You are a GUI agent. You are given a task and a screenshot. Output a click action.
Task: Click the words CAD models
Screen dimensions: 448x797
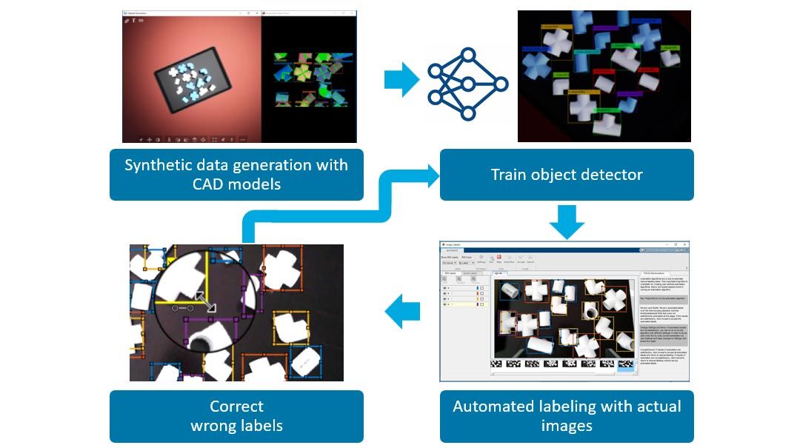236,184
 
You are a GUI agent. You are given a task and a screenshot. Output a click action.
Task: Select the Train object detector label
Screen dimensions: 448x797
567,175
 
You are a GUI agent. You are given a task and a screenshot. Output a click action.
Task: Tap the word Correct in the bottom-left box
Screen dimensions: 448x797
236,407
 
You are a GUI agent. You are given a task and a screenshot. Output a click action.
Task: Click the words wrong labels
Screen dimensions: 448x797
236,426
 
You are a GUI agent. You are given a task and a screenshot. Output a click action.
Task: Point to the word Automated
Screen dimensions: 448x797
497,407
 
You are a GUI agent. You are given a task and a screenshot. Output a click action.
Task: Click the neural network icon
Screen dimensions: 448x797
467,84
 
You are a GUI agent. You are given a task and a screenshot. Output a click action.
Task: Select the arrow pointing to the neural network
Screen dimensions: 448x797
401,79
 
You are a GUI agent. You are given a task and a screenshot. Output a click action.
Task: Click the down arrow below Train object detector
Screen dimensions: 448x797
567,221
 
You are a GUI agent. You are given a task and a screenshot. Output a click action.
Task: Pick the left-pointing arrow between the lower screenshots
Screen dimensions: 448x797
403,311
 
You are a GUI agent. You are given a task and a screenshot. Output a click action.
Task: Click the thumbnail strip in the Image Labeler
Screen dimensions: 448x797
563,364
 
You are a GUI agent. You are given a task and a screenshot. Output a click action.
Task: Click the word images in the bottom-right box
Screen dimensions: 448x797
567,426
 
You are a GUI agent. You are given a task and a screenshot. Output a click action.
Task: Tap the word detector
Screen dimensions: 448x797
613,175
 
